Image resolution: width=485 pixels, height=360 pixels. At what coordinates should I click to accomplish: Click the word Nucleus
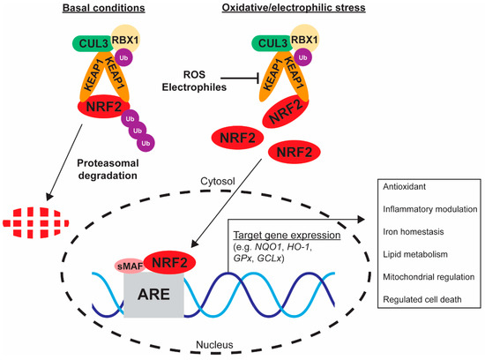pos(240,349)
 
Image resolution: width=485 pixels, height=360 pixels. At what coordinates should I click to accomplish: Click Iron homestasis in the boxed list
pos(413,232)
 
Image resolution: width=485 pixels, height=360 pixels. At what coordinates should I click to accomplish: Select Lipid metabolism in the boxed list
pos(410,255)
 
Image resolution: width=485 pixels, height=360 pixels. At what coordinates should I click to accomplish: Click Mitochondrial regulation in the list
pos(426,277)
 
